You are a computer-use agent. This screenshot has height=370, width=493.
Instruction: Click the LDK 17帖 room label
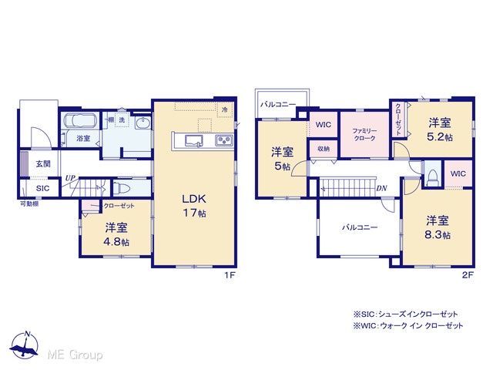194,206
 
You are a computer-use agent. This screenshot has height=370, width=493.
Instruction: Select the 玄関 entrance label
43,163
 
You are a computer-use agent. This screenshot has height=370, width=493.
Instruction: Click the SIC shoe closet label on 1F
42,188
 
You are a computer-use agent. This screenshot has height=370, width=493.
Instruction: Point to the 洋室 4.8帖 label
116,234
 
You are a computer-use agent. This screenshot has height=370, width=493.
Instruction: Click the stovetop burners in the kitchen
224,140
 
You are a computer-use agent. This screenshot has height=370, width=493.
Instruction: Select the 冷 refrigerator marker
225,109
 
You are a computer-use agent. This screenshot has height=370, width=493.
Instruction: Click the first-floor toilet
122,189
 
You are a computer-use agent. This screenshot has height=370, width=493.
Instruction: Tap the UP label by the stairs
70,178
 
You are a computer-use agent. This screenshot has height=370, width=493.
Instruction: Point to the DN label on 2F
381,188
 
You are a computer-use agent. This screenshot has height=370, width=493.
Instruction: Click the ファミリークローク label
364,134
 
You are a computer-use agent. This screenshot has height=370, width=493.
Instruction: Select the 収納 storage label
324,149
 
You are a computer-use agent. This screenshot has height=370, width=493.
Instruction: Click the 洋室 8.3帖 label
438,227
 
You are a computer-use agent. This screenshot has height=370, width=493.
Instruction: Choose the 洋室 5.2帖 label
440,129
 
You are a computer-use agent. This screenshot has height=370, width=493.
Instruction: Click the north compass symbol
25,345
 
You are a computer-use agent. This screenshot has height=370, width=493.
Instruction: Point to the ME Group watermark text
75,355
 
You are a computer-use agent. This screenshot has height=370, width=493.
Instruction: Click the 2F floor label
468,275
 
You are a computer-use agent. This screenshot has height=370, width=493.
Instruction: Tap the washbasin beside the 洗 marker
143,123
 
